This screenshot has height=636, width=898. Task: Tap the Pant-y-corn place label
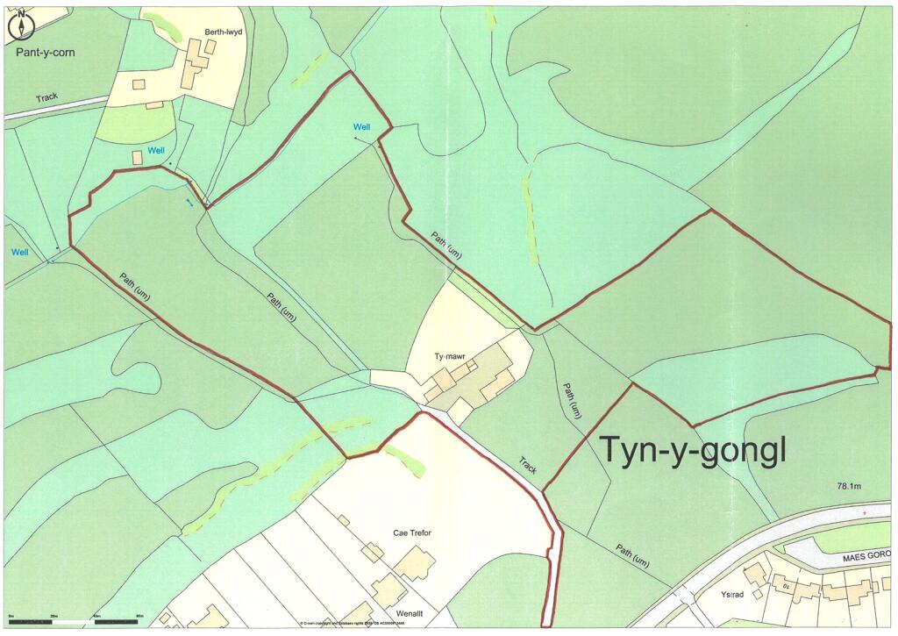[x=46, y=53]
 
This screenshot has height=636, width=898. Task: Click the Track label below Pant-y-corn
[x=46, y=97]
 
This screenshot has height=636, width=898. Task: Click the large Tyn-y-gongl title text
[x=693, y=450]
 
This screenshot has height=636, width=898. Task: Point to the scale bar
[x=75, y=622]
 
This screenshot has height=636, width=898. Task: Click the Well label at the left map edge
[x=20, y=253]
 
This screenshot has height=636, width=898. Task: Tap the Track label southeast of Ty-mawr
[x=527, y=464]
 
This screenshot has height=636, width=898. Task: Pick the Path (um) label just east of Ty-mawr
[x=572, y=398]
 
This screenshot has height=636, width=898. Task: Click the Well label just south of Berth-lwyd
[x=156, y=151]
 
